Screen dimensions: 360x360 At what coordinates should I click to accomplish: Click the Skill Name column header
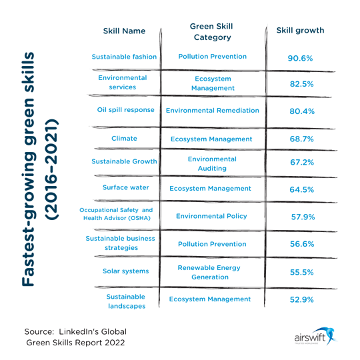point(125,31)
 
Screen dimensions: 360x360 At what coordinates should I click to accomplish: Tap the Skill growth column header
point(300,31)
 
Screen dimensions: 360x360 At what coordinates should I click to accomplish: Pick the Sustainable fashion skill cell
point(124,57)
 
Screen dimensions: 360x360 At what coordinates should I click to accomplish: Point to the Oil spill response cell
point(125,109)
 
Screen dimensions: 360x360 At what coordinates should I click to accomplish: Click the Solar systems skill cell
point(125,271)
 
